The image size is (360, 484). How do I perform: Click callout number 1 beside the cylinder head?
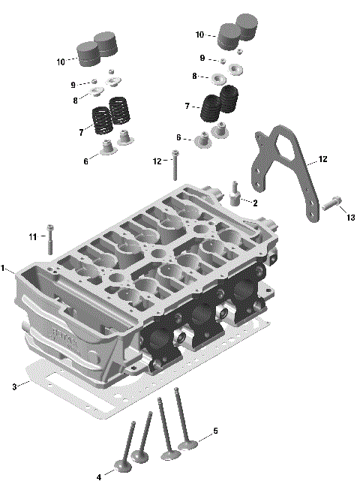[4, 268]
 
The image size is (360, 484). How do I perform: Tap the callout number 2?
[255, 203]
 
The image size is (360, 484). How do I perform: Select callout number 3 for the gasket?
[13, 386]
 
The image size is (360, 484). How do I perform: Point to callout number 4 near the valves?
[98, 476]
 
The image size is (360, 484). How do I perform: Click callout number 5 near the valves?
[215, 431]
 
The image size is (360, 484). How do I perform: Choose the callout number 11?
[33, 237]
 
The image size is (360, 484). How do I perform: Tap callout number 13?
[349, 218]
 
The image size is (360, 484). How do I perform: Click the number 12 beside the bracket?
[322, 160]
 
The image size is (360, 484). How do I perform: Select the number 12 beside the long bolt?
[157, 161]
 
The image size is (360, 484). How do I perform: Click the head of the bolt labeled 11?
[50, 227]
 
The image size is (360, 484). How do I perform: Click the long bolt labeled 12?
[175, 167]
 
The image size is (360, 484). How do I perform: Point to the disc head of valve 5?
[188, 446]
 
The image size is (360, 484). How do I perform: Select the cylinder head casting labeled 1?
[150, 285]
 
